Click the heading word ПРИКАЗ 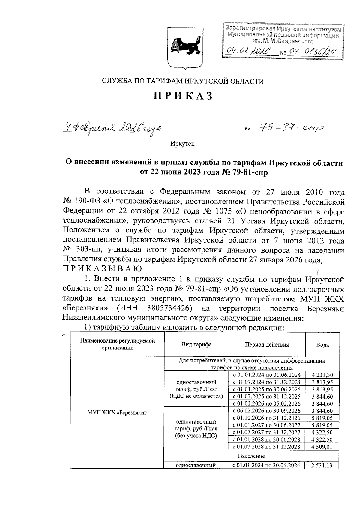183,96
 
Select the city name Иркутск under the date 182,144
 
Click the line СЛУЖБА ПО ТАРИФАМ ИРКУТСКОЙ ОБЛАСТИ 183,81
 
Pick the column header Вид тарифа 196,344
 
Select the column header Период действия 267,344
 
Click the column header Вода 322,345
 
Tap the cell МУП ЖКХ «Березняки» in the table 117,412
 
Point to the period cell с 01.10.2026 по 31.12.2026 267,418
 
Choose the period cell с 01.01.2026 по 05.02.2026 267,403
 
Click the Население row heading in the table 251,456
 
